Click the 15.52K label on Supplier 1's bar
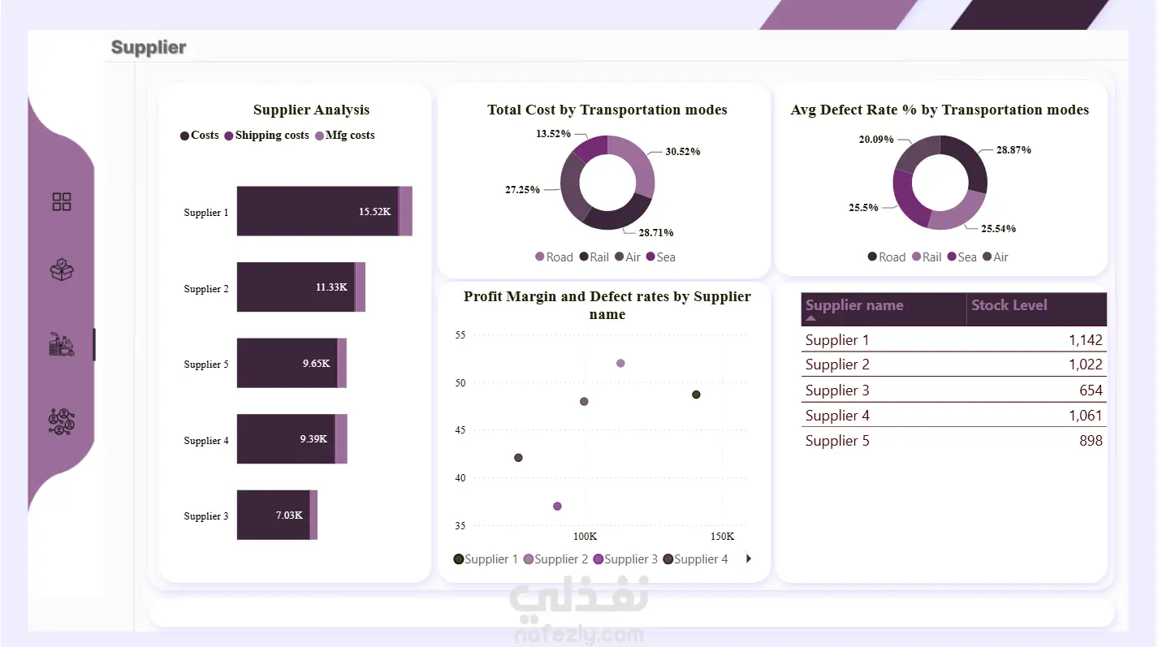point(375,211)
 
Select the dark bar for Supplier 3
point(273,515)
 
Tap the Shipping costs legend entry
point(266,136)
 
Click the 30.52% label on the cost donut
point(682,152)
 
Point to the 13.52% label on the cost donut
point(553,134)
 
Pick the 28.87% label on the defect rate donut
point(1013,150)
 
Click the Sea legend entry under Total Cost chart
point(661,257)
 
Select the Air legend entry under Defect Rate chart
point(995,257)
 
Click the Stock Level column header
point(1009,305)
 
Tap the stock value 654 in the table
point(1091,390)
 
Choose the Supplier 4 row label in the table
point(837,416)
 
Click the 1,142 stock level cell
point(1086,340)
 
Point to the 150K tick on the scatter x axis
point(722,537)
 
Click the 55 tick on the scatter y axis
point(460,335)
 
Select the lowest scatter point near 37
point(557,507)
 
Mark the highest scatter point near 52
point(620,364)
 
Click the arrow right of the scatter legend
point(749,559)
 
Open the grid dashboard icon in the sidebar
point(62,201)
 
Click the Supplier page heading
point(149,47)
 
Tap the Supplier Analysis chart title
point(311,110)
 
